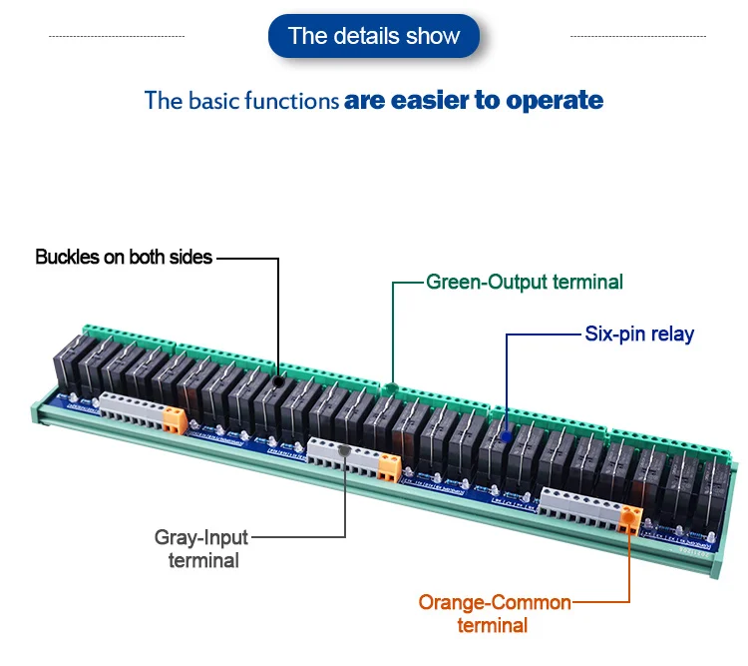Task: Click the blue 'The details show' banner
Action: point(374,37)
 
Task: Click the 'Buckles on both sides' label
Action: point(124,257)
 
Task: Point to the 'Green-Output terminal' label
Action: point(525,282)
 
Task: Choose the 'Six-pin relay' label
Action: point(639,333)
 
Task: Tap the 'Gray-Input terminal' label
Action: point(202,549)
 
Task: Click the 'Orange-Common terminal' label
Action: point(494,614)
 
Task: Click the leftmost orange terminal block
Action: point(175,419)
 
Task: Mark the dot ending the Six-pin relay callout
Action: point(507,436)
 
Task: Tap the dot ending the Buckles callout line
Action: point(277,379)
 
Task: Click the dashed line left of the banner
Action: point(117,36)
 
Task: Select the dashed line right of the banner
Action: point(637,36)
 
